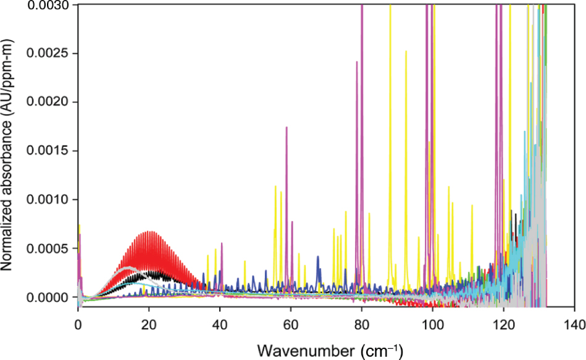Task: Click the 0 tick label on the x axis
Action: tap(78, 324)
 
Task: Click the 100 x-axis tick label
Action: tap(432, 324)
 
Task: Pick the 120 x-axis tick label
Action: tap(503, 324)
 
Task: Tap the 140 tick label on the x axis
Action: tap(574, 324)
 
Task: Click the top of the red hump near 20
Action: tap(149, 232)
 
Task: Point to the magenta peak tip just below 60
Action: tap(287, 127)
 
